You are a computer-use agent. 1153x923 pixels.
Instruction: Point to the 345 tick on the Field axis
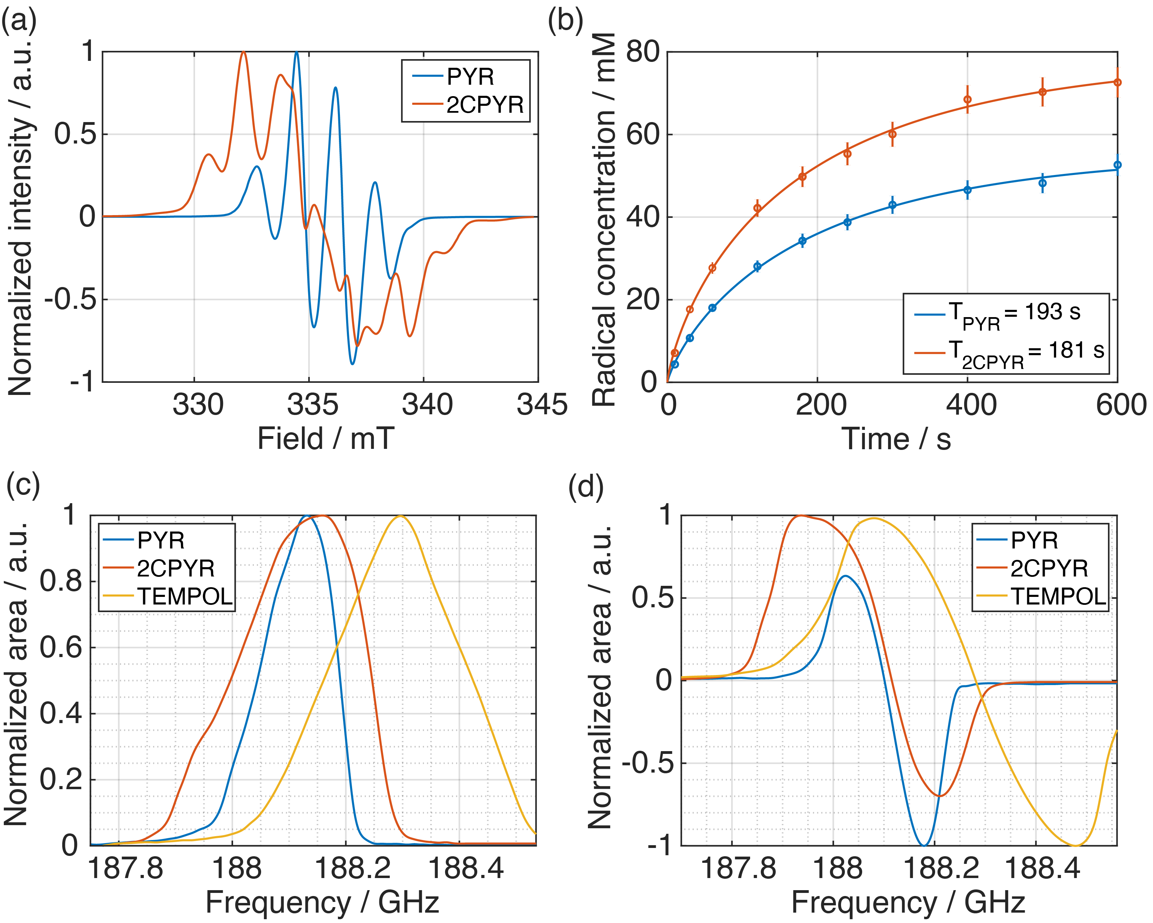(541, 405)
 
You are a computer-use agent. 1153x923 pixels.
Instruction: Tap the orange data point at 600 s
(1117, 82)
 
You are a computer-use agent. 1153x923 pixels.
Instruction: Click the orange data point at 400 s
(967, 100)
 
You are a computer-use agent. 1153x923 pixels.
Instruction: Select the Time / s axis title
(896, 439)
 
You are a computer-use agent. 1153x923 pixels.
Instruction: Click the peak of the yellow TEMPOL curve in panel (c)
(400, 516)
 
